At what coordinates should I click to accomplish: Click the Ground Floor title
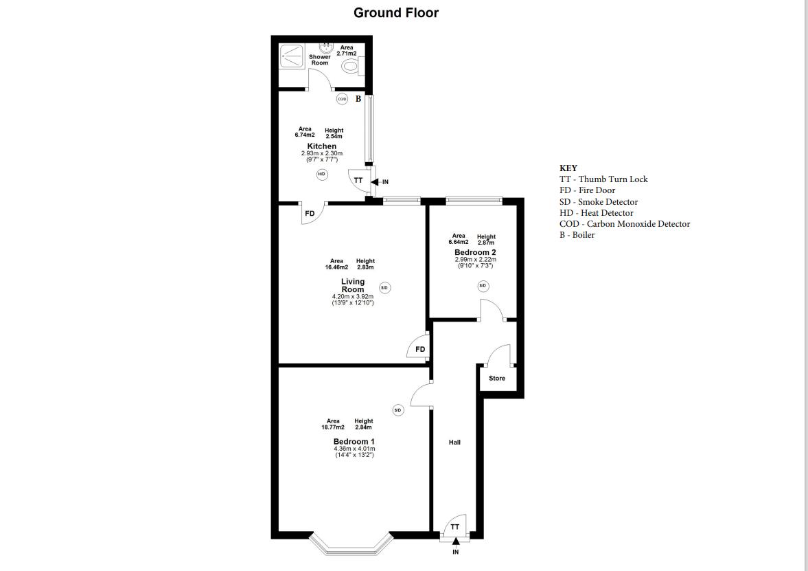pos(396,12)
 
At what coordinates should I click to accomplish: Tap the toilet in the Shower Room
pos(351,67)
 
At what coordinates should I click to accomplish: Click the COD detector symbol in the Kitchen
pos(342,99)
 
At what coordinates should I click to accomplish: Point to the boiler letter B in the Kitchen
pos(358,99)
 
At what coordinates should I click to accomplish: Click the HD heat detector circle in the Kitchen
pos(321,175)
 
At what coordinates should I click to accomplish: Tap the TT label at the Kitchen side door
pos(358,181)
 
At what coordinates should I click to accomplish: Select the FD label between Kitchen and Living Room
pos(310,214)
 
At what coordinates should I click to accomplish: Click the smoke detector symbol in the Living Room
pos(384,288)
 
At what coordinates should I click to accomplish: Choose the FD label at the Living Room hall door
pos(420,349)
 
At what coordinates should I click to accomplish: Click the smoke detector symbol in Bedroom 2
pos(483,285)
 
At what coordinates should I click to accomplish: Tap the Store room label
pos(497,378)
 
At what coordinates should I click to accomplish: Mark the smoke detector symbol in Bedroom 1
pos(397,410)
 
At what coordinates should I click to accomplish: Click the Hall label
pos(454,443)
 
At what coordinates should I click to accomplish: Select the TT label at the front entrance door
pos(455,527)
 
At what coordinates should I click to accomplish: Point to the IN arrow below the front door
pos(455,543)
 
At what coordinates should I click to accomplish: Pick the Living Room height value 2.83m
pos(365,267)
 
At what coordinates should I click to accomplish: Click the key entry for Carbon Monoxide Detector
pos(624,224)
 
